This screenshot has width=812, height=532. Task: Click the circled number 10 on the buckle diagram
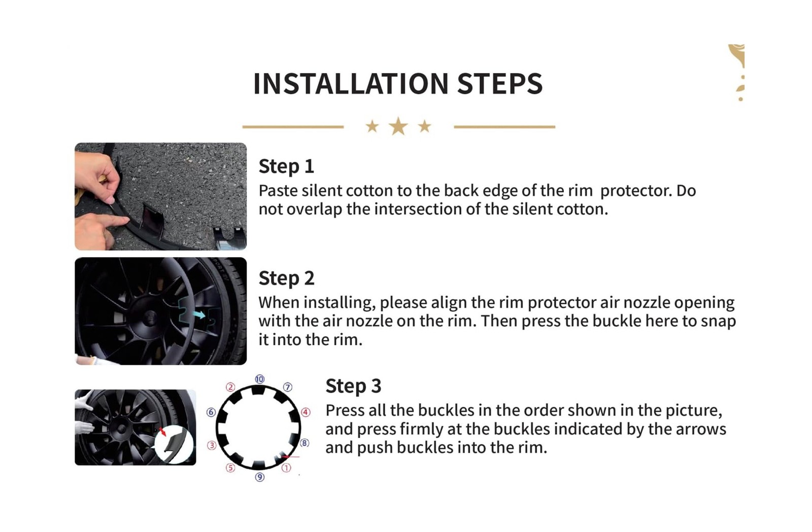click(259, 379)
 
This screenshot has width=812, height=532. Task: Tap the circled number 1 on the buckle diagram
click(286, 468)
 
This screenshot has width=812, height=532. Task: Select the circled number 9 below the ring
click(259, 477)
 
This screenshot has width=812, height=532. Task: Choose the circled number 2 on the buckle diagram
click(230, 387)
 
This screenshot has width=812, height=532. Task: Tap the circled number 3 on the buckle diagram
click(212, 445)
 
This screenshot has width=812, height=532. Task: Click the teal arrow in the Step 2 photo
click(198, 314)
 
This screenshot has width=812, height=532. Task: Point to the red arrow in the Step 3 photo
click(163, 431)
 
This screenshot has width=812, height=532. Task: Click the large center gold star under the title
click(398, 126)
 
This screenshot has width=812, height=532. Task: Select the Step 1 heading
click(286, 166)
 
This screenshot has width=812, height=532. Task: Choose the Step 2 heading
click(286, 278)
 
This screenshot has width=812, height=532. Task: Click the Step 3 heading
click(353, 386)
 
